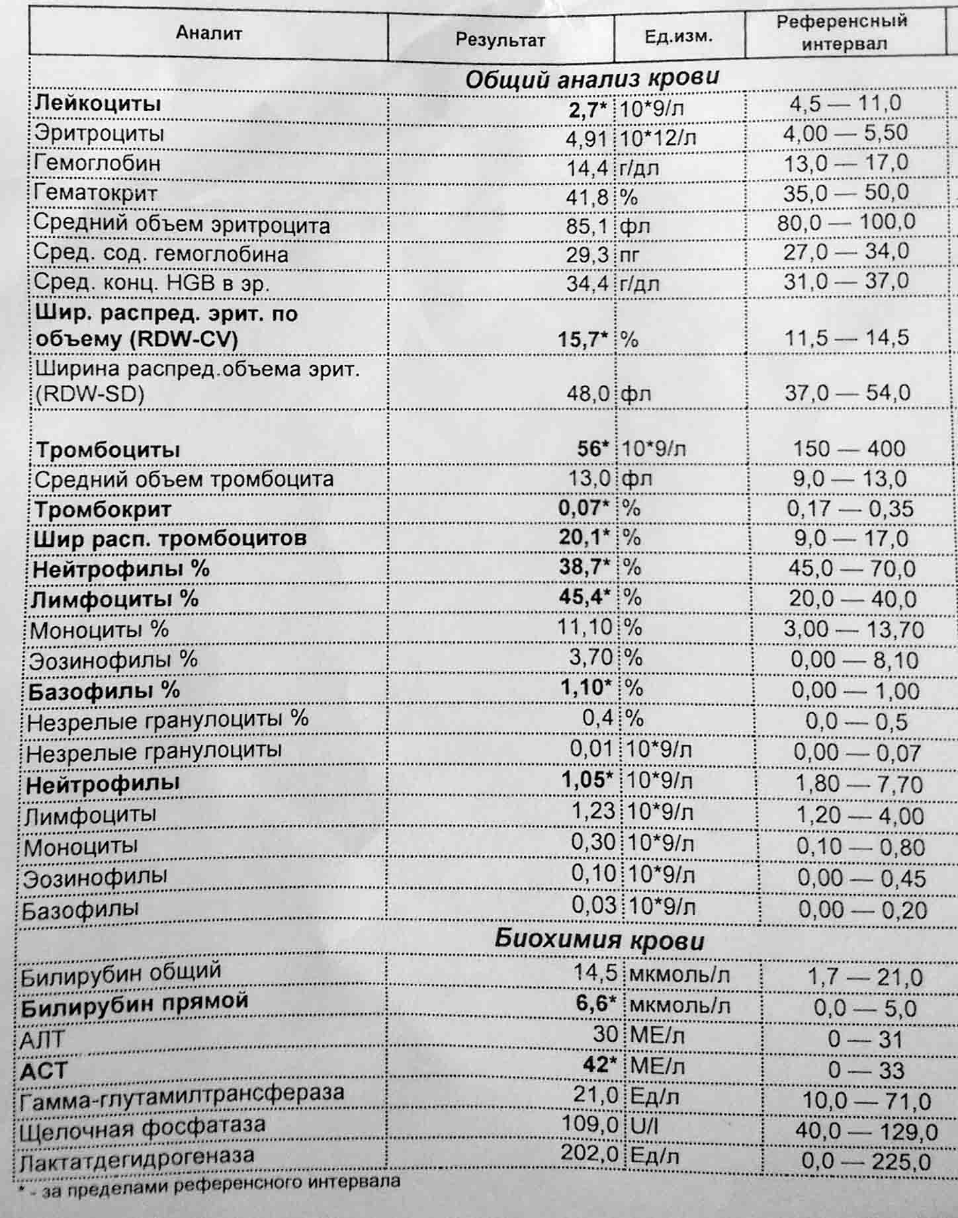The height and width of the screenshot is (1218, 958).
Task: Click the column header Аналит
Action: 208,33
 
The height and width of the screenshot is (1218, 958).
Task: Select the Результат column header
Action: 500,40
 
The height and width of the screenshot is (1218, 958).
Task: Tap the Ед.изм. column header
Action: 679,36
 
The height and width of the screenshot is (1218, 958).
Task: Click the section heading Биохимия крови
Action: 599,940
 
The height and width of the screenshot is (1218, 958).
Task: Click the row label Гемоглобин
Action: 97,163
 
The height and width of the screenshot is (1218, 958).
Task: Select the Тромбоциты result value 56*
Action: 592,448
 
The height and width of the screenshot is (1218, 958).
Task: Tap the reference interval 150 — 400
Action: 849,448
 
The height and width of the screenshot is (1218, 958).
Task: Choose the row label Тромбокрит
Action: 103,509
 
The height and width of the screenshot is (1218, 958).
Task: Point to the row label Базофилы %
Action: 104,690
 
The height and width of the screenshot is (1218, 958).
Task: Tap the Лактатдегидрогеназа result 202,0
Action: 589,1154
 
